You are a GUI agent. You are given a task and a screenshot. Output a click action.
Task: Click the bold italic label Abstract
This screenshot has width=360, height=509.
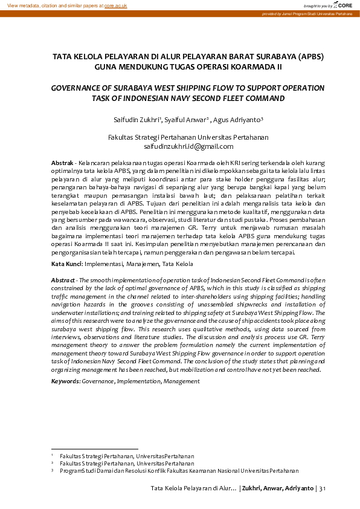(x=63, y=281)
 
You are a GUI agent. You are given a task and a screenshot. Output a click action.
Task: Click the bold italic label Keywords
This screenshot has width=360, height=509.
(x=65, y=381)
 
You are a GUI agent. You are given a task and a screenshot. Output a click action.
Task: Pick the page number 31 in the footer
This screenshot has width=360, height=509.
(x=321, y=488)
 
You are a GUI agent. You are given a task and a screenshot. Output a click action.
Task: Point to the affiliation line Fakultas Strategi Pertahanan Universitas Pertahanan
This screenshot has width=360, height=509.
(x=188, y=137)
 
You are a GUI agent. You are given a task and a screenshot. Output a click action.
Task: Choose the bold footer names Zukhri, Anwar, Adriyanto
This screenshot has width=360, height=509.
(x=277, y=488)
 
